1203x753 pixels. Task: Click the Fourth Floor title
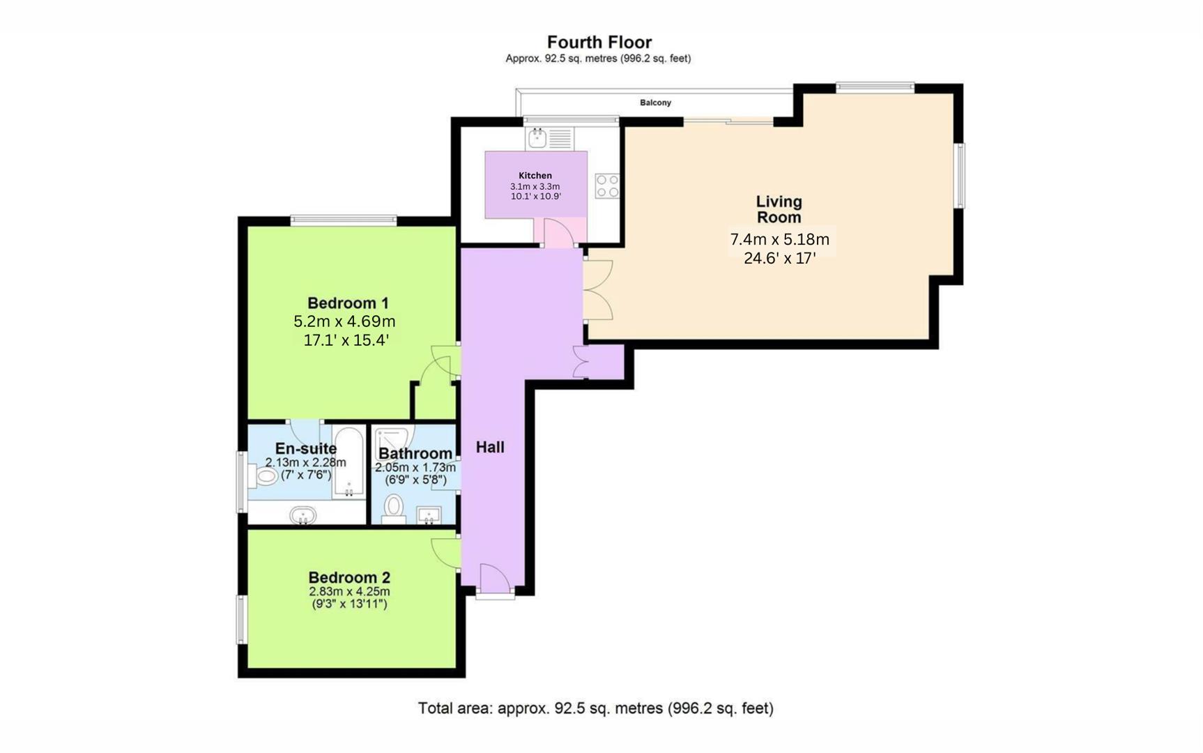pyautogui.click(x=599, y=42)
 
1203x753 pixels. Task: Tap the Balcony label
pyautogui.click(x=655, y=102)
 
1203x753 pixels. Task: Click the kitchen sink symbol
pyautogui.click(x=537, y=138)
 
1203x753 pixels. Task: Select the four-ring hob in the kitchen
pyautogui.click(x=606, y=186)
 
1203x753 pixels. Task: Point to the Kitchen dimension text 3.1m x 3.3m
pyautogui.click(x=535, y=186)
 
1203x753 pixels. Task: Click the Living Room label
pyautogui.click(x=779, y=209)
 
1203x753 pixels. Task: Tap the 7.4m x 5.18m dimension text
pyautogui.click(x=779, y=239)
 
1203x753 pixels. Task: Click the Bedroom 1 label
pyautogui.click(x=348, y=303)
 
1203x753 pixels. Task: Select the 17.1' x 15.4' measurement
pyautogui.click(x=346, y=340)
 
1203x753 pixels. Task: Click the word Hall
pyautogui.click(x=490, y=447)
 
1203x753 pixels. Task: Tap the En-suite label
pyautogui.click(x=305, y=448)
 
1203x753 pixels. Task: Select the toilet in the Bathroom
pyautogui.click(x=394, y=507)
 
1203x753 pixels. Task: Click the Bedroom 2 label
pyautogui.click(x=349, y=577)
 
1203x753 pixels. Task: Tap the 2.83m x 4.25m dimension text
pyautogui.click(x=349, y=591)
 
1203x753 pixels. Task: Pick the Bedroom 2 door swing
pyautogui.click(x=444, y=552)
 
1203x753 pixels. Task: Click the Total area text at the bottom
pyautogui.click(x=595, y=708)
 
